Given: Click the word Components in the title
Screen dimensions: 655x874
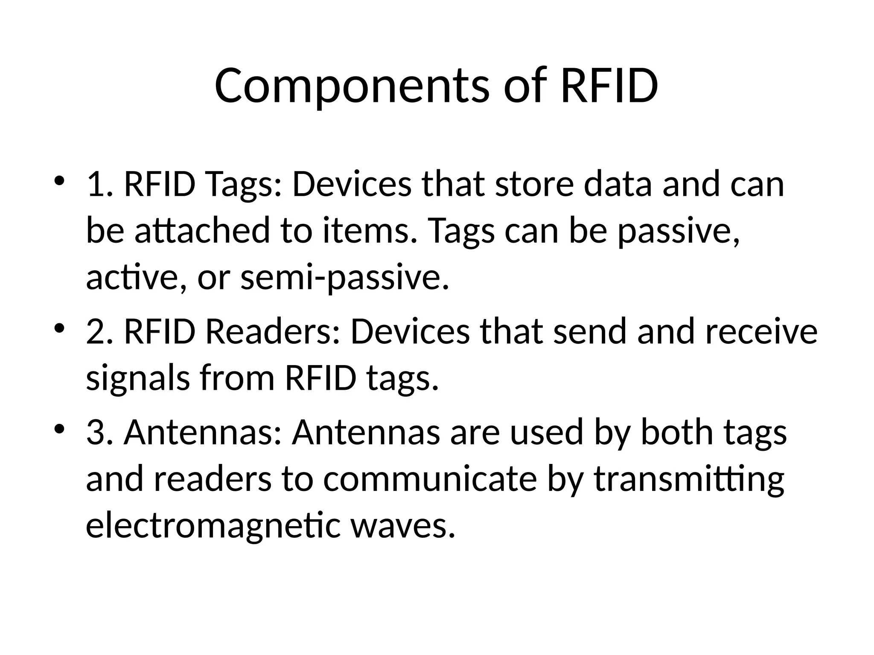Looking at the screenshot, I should coord(351,86).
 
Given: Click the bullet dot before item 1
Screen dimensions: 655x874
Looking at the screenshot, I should coord(59,180).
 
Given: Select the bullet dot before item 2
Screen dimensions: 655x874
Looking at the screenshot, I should coord(59,327).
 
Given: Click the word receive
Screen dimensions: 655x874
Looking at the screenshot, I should coord(761,332).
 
